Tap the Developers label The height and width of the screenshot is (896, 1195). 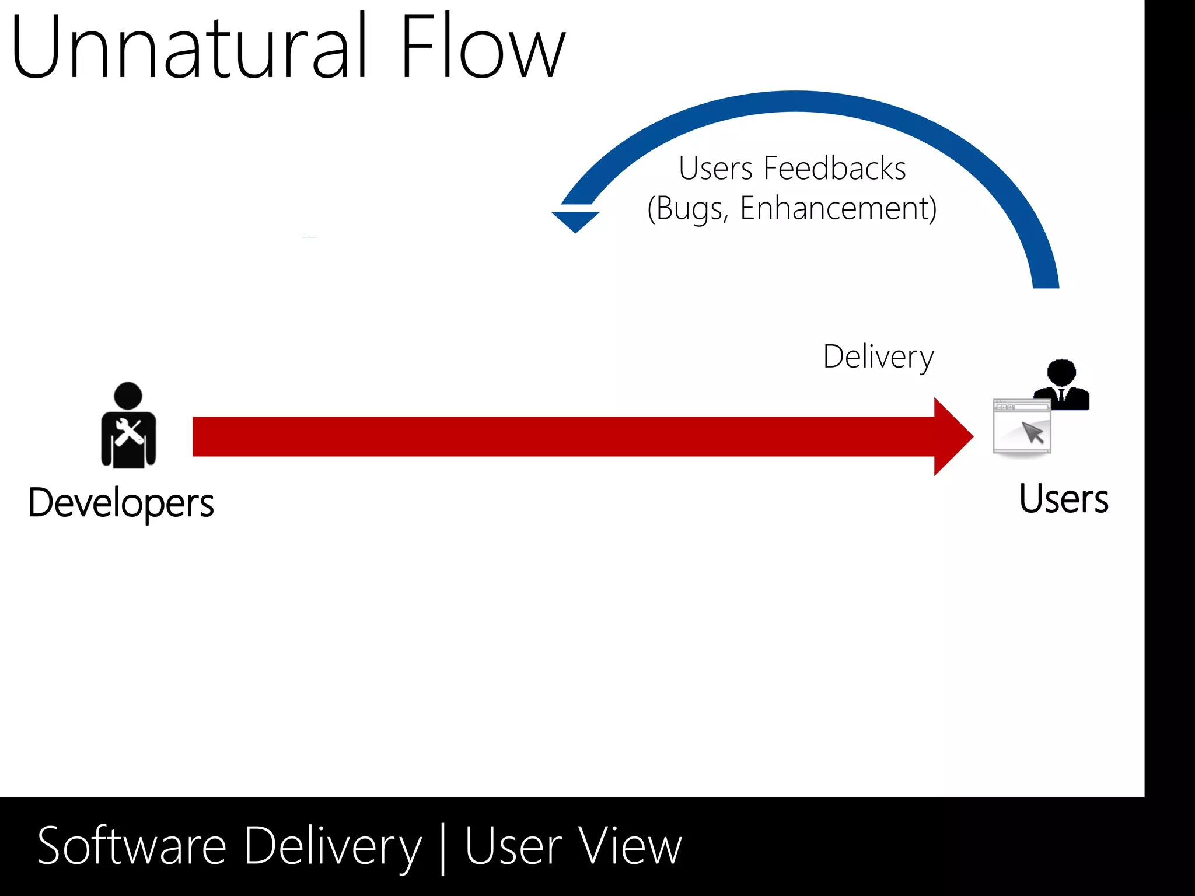(121, 503)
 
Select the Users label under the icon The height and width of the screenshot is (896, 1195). (1063, 499)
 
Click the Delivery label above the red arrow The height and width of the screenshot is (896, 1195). (878, 356)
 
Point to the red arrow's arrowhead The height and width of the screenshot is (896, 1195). (951, 436)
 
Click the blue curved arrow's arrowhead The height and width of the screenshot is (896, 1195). (575, 220)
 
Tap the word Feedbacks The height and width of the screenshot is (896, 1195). (834, 169)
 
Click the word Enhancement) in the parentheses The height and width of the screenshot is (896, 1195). (838, 208)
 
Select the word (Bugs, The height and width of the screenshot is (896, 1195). (688, 208)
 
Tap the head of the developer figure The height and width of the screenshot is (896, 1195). (128, 395)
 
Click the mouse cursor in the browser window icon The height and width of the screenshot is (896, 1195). (1032, 433)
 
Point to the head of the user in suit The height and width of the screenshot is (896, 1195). (1061, 372)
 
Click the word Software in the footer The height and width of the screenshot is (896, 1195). (132, 846)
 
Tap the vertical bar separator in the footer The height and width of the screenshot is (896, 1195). (443, 849)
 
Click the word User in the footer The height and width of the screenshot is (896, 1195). (513, 846)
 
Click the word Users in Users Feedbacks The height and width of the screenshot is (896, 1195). (715, 169)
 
